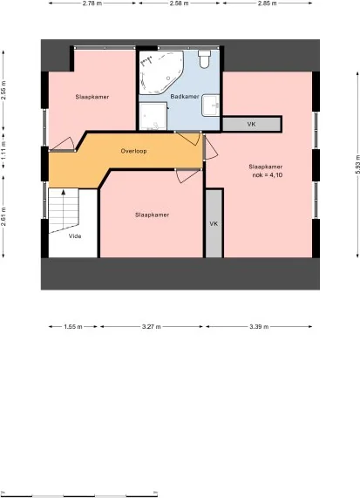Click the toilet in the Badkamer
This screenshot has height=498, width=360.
204,60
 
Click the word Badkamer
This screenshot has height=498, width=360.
185,96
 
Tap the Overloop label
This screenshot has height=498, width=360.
133,150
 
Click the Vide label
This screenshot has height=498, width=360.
75,235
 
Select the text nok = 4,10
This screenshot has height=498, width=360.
268,174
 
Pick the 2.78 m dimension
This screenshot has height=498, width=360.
90,3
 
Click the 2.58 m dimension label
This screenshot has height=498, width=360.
179,3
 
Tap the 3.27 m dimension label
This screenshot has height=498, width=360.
152,327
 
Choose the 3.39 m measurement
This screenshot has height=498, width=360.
259,327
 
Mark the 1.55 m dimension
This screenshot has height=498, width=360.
73,327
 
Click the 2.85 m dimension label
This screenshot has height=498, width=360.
268,3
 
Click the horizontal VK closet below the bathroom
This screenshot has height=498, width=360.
251,124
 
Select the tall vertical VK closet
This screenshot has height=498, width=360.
214,223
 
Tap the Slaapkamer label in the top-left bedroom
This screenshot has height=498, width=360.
92,97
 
